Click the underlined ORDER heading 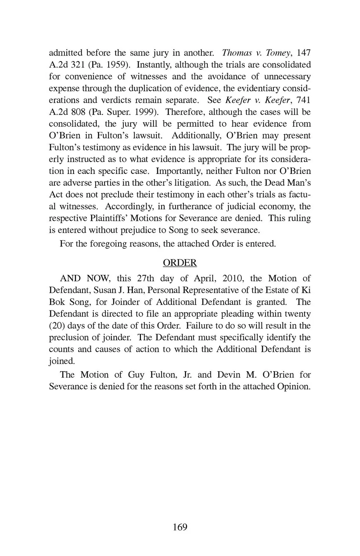[x=180, y=263]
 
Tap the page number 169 [x=180, y=527]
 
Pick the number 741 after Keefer [x=303, y=100]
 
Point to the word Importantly [x=176, y=171]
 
